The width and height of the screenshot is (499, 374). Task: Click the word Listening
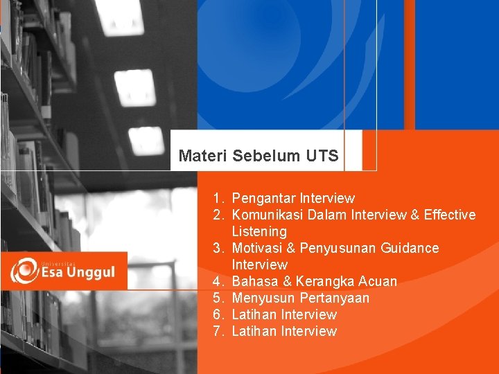tap(259, 232)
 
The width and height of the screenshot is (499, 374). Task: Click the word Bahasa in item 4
tap(254, 282)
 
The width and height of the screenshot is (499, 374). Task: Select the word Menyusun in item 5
tap(263, 299)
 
